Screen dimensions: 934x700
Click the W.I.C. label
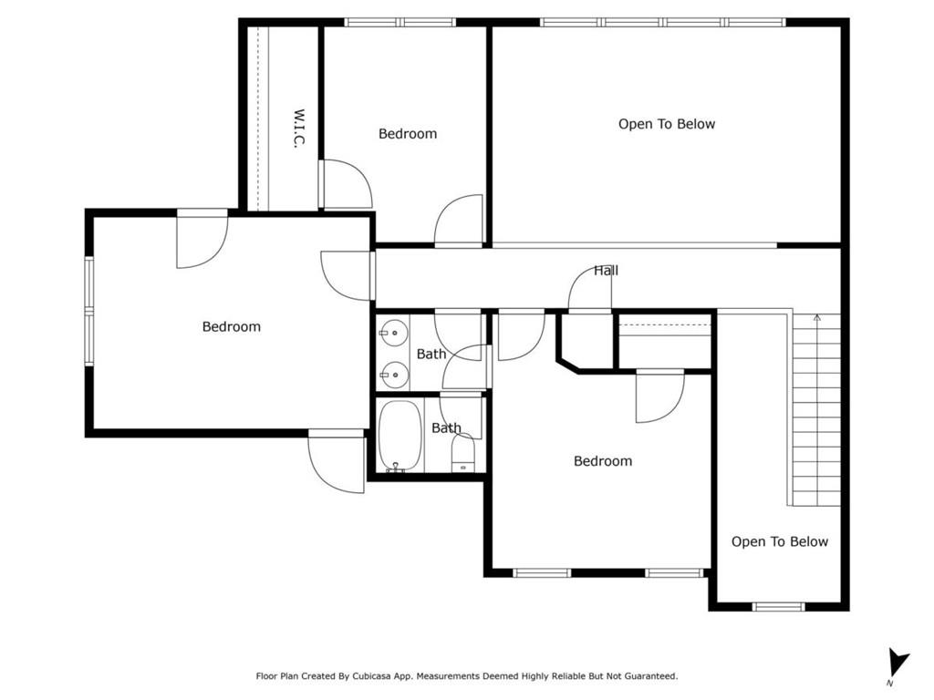[299, 128]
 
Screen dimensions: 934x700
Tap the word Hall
[607, 271]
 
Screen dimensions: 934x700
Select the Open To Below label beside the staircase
[780, 541]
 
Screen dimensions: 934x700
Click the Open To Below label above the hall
[667, 124]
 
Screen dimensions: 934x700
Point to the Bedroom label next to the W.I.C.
[408, 133]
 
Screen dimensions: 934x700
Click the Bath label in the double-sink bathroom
[431, 355]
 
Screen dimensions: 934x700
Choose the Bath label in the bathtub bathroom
[446, 428]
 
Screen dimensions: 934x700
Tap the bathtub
[400, 437]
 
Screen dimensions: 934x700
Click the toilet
[462, 452]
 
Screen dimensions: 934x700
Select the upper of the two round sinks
[394, 333]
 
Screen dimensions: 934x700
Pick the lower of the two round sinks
[394, 375]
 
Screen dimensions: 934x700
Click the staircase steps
[816, 411]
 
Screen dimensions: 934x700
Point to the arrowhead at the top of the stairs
[817, 318]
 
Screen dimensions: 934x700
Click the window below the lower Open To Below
[779, 606]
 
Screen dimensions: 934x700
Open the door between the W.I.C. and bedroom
[346, 184]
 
